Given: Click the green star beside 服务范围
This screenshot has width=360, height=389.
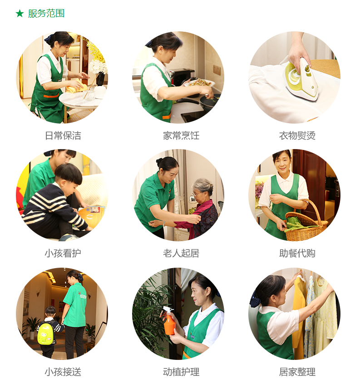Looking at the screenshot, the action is [x=20, y=13].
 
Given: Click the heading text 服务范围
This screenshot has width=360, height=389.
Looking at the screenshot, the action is [x=46, y=13].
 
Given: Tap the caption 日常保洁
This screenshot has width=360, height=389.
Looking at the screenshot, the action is [x=63, y=136].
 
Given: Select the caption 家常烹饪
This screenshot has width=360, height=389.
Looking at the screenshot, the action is [x=181, y=136].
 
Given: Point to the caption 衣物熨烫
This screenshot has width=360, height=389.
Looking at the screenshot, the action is [x=297, y=136].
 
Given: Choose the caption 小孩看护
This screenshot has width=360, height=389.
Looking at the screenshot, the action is [x=63, y=253].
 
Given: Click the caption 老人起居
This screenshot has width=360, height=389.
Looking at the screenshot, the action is [x=181, y=253].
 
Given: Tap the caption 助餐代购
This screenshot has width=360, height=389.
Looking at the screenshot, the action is [x=297, y=253].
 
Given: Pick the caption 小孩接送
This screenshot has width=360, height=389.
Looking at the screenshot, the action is [x=63, y=372].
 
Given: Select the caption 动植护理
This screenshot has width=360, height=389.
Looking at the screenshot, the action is [x=181, y=372].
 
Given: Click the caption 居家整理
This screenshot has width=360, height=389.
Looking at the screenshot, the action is [x=297, y=372].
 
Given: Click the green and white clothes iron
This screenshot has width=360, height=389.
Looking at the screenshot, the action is [x=301, y=80].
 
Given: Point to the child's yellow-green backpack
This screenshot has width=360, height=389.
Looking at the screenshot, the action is [x=45, y=333].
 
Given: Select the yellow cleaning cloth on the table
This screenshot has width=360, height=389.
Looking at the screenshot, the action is [x=77, y=86].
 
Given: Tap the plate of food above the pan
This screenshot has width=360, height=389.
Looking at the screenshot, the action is [x=199, y=83].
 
